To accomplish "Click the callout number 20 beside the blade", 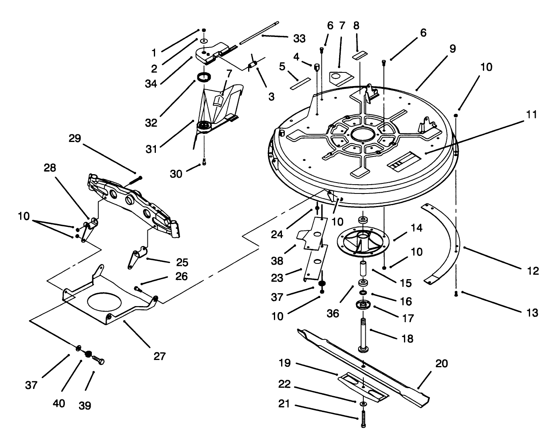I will [441, 363].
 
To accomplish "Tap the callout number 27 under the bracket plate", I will [160, 356].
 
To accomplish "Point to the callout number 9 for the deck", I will [453, 49].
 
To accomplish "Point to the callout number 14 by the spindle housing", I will [416, 228].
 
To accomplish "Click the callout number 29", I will [75, 138].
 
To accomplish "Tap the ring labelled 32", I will [205, 77].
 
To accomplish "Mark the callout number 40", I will [59, 403].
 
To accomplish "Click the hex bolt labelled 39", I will [98, 360].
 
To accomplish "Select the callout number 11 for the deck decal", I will [532, 115].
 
